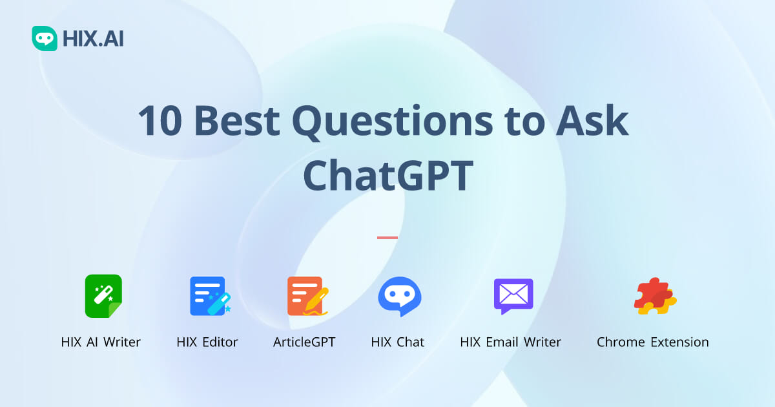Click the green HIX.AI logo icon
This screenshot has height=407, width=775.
point(45,39)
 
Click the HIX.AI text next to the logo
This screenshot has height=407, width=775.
point(93,39)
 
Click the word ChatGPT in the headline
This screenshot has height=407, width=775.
point(388,175)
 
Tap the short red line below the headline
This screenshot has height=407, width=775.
point(387,238)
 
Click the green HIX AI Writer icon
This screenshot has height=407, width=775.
point(103,296)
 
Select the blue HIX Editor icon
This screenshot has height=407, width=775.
point(208,296)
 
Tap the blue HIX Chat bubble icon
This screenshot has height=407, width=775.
point(399,297)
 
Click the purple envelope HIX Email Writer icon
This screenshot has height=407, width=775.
point(513,296)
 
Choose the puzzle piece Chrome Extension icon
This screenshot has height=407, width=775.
point(654,297)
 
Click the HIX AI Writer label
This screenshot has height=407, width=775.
point(101,342)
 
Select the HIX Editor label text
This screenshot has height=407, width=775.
point(207,342)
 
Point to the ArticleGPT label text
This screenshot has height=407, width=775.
point(304,342)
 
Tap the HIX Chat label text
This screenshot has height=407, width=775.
point(398,342)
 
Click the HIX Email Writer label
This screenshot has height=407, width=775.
point(511,342)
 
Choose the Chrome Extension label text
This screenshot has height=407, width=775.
point(652,342)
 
